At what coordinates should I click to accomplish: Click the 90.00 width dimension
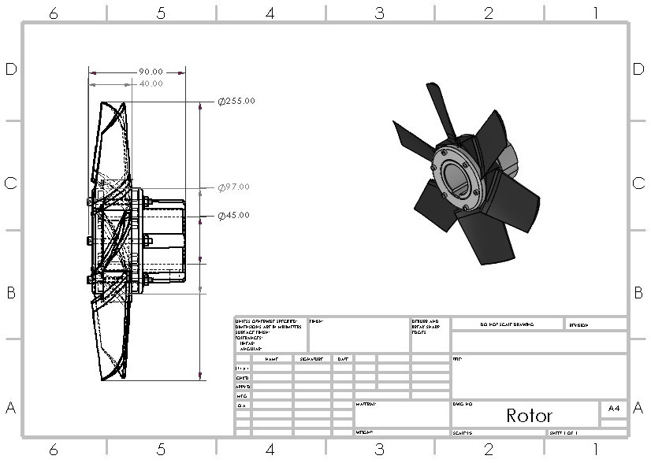point(151,72)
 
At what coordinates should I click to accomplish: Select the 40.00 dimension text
point(151,83)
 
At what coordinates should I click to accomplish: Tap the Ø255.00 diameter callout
point(236,102)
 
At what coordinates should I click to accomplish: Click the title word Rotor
point(529,415)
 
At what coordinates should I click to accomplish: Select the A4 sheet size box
point(613,409)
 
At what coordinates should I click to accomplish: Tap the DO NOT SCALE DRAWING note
point(506,324)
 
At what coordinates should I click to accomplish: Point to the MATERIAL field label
point(366,403)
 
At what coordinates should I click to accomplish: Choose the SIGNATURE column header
point(311,359)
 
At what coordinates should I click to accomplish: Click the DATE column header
point(343,359)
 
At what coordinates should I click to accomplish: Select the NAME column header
point(272,359)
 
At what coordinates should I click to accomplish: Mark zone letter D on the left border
point(11,69)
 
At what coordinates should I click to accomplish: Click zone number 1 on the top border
point(596,13)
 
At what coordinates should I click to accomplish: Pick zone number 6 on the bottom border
point(54,450)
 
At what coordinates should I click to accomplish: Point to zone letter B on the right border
point(638,293)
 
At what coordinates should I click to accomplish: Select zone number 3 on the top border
point(379,13)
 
